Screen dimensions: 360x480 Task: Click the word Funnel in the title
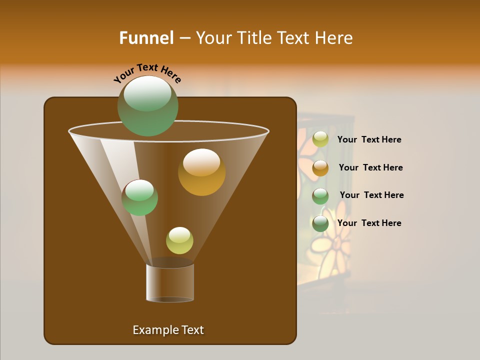[x=146, y=38]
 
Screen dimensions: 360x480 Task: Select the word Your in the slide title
[x=213, y=38]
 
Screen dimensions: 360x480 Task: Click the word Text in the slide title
[x=293, y=38]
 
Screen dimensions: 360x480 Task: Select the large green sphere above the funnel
[x=147, y=106]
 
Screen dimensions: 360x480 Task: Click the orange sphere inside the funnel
[x=201, y=172]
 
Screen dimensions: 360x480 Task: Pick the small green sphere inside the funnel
[x=139, y=197]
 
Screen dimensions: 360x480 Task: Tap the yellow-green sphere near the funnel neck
[x=179, y=240]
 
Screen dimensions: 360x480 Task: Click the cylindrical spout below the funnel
[x=170, y=283]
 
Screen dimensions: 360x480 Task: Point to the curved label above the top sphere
[x=147, y=72]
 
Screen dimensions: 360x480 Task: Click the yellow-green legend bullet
[x=320, y=139]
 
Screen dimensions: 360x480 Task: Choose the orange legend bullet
[x=320, y=168]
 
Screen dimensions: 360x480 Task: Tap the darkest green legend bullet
[x=320, y=223]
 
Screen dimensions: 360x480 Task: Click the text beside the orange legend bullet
[x=370, y=167]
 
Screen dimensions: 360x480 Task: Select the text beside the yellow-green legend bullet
[x=369, y=139]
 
